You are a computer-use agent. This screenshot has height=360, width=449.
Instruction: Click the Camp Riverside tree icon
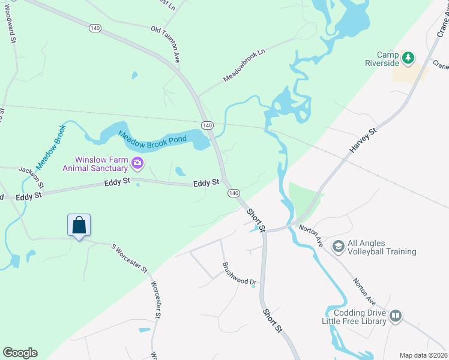point(408,58)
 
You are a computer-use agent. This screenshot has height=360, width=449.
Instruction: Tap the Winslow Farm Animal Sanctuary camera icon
point(137,163)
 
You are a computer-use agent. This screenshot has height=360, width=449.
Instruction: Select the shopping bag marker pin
point(79,226)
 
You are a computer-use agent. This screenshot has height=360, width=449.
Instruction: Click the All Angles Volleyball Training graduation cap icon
point(338,247)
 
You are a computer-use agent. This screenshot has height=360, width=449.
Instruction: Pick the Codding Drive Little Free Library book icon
point(395,316)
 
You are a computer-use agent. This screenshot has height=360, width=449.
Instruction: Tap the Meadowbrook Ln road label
point(244,66)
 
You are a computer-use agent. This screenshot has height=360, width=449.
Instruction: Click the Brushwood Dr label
point(239,274)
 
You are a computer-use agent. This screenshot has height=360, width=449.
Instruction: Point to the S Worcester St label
point(129,258)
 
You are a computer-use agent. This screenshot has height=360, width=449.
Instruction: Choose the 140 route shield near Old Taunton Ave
point(95,28)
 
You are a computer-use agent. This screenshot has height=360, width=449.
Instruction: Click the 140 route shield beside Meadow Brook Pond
point(207,125)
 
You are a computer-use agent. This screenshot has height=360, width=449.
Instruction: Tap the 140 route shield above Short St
point(234,193)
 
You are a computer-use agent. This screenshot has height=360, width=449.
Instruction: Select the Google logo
point(20,353)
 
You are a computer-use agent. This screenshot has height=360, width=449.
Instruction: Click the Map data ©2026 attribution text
point(423,355)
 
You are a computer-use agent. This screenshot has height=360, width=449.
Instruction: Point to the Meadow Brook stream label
point(50,146)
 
